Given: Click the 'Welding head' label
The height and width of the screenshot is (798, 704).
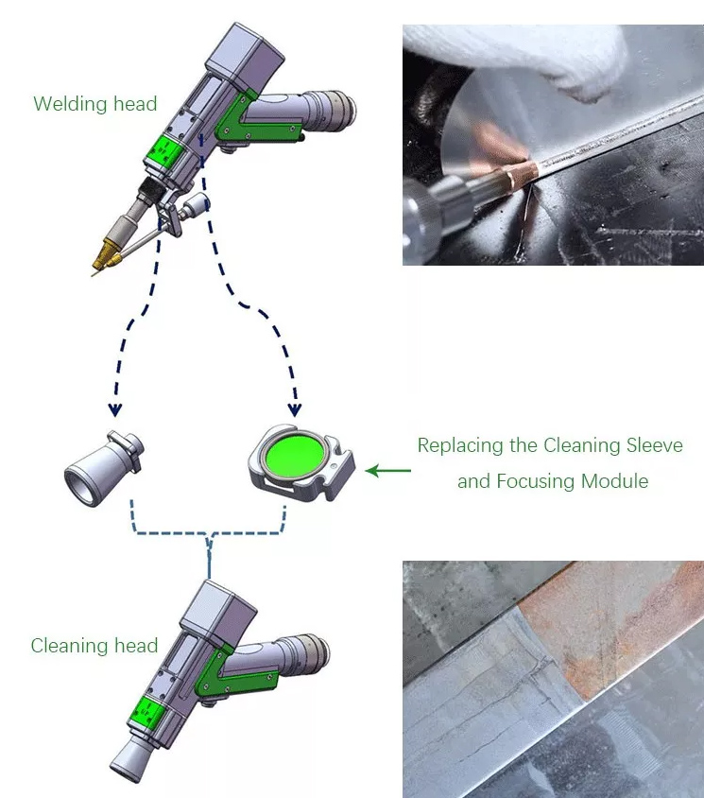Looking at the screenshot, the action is tap(94, 104).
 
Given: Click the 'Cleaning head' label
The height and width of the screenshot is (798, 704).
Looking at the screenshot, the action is tap(94, 647).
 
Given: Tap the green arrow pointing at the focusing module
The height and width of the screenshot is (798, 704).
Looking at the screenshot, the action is tap(388, 470).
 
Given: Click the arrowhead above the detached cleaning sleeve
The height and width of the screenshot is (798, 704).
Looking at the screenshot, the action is tap(115, 410).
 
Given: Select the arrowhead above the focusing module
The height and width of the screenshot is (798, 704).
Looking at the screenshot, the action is tap(295, 410).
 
